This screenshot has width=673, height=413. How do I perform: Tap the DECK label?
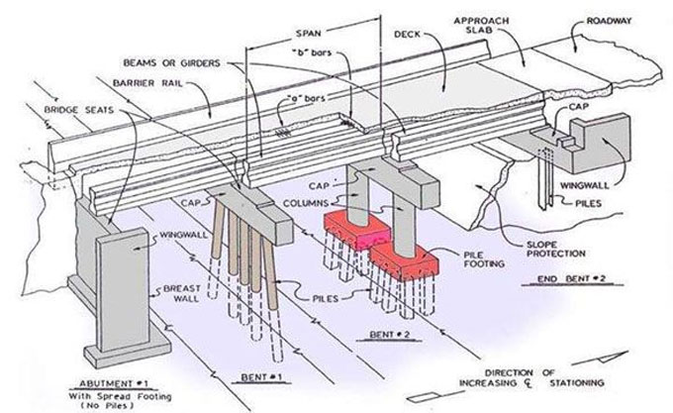pos(406,33)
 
